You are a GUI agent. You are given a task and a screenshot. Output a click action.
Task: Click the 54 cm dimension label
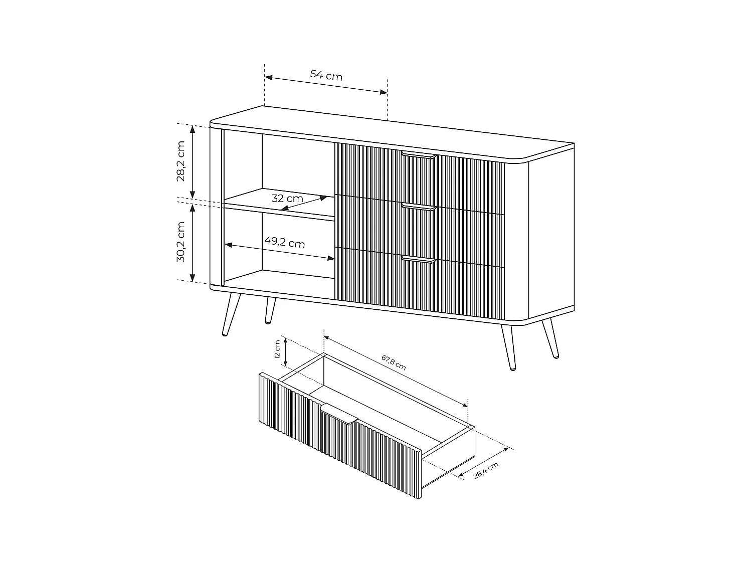[326, 76]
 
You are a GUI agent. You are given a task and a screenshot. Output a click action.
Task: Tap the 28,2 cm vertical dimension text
[180, 161]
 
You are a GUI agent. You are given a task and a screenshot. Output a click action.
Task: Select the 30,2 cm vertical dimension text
[180, 242]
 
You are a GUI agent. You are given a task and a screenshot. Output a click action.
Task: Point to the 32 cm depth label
[287, 198]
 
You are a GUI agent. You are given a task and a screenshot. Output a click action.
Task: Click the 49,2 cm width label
[284, 244]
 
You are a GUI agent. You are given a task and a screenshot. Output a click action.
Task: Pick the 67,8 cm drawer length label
[394, 362]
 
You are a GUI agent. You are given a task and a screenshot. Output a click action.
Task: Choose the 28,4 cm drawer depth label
[486, 471]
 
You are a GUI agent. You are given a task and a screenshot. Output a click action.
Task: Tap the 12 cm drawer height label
[277, 350]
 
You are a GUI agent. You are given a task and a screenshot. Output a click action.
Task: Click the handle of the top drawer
[419, 155]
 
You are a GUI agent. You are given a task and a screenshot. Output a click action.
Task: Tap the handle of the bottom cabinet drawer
[419, 259]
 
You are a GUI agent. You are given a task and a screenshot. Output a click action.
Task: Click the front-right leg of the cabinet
[507, 347]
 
